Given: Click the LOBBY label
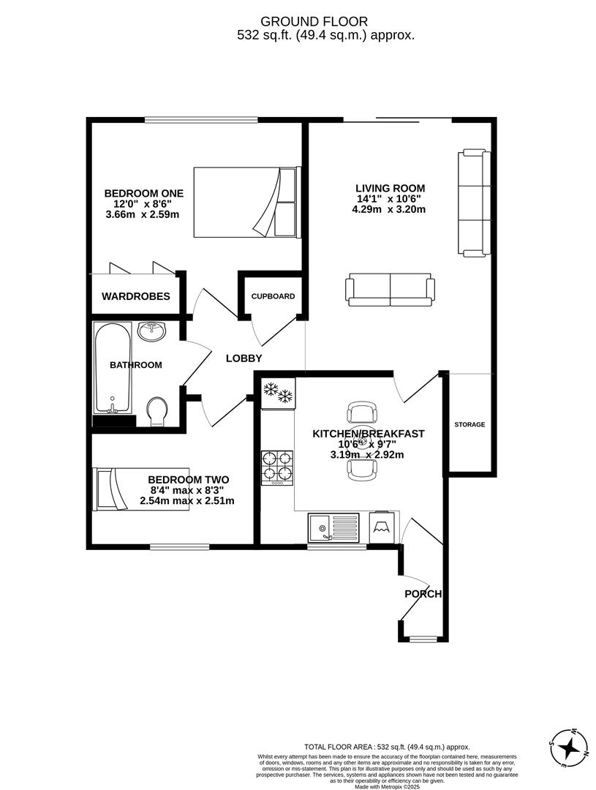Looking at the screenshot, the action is (x=244, y=358).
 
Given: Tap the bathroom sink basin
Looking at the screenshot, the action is (x=153, y=332).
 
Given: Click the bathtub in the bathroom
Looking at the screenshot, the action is (x=113, y=368).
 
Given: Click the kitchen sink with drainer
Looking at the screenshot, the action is (x=333, y=527).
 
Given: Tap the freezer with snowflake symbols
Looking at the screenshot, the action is (x=278, y=393).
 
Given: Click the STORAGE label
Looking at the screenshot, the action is (x=469, y=425).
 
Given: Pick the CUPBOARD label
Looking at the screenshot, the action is (x=273, y=296).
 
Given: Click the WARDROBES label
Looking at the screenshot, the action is (x=136, y=296).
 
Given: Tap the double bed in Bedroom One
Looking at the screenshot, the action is (x=247, y=202).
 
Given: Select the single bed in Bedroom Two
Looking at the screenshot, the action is (x=142, y=489).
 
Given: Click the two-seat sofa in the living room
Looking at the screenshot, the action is (x=390, y=290).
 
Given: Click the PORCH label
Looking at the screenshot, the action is (x=423, y=594).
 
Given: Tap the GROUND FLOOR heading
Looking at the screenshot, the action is (x=314, y=22).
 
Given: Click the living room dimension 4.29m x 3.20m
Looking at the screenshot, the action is (x=389, y=209).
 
